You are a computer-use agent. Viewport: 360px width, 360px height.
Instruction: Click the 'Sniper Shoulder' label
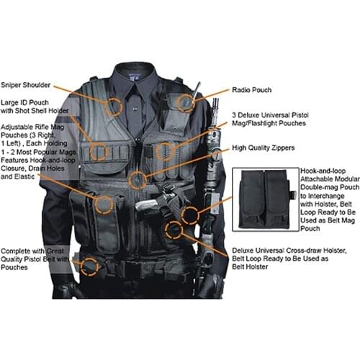pos(27,84)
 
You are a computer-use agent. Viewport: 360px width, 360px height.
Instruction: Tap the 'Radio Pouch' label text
pos(251,91)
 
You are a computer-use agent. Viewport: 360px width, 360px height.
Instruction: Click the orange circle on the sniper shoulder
pos(113,108)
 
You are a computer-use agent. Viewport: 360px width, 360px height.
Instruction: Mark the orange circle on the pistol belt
pos(89,266)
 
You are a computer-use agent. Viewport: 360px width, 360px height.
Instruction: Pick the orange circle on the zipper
pos(137,181)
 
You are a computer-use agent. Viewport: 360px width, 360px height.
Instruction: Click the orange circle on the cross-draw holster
pos(174,230)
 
